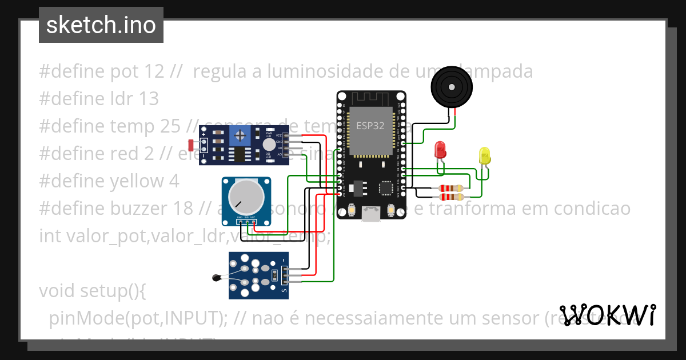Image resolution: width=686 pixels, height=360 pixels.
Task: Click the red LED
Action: tap(441, 150)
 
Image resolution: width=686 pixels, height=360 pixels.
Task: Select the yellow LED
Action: tap(484, 155)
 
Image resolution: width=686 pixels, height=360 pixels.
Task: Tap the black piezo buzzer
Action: tap(452, 87)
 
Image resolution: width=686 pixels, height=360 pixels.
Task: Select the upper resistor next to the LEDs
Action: tap(451, 187)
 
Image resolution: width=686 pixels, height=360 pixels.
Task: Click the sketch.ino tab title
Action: tap(101, 25)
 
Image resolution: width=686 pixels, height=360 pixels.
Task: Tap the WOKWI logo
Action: tap(608, 315)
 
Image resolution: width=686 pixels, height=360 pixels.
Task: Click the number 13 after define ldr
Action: tap(148, 99)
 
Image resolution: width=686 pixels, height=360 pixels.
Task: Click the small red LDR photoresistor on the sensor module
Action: tap(190, 147)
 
